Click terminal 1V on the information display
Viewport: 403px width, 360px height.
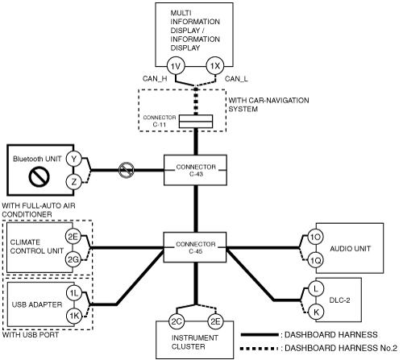pyautogui.click(x=176, y=66)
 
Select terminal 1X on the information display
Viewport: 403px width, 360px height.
pyautogui.click(x=215, y=66)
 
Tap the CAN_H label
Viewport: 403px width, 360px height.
pyautogui.click(x=155, y=79)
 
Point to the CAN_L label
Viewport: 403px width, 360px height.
pyautogui.click(x=236, y=79)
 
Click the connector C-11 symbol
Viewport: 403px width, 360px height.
pyautogui.click(x=196, y=122)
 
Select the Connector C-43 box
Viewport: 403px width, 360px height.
pyautogui.click(x=195, y=170)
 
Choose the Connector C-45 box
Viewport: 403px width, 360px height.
pyautogui.click(x=195, y=247)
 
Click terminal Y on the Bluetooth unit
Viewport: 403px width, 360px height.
pyautogui.click(x=73, y=159)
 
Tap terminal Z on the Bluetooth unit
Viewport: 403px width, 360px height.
pyautogui.click(x=73, y=182)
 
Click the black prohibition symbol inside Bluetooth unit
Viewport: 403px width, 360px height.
pyautogui.click(x=39, y=177)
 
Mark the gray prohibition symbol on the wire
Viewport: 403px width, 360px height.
pyautogui.click(x=127, y=170)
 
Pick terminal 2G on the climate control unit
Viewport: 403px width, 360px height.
pyautogui.click(x=73, y=259)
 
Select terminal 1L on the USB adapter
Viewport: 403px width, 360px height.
pyautogui.click(x=74, y=293)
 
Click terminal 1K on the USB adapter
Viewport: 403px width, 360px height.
pyautogui.click(x=74, y=316)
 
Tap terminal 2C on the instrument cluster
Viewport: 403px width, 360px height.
pyautogui.click(x=177, y=321)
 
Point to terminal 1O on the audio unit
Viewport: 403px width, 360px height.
pyautogui.click(x=315, y=237)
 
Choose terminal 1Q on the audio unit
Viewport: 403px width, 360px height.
pyautogui.click(x=315, y=260)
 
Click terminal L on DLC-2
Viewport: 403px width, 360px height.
pyautogui.click(x=316, y=289)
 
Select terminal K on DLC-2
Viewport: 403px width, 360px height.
pyautogui.click(x=316, y=312)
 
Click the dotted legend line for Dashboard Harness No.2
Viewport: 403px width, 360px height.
pyautogui.click(x=259, y=349)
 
